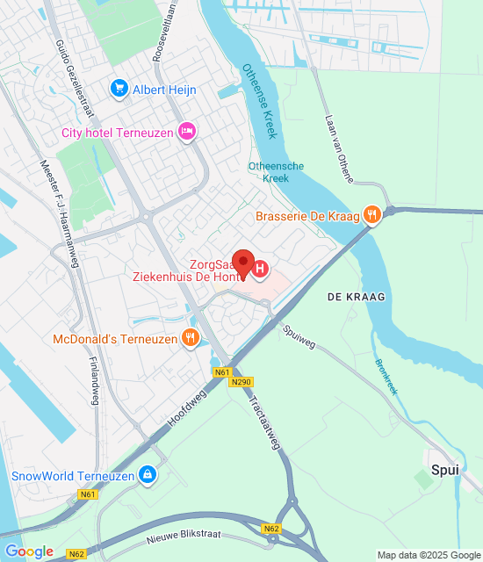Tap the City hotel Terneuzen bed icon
[186, 133]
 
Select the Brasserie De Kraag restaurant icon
[373, 215]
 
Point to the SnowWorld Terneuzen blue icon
[148, 476]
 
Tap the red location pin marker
[242, 262]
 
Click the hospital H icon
[262, 269]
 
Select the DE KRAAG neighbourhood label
[357, 298]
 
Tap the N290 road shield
[242, 382]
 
